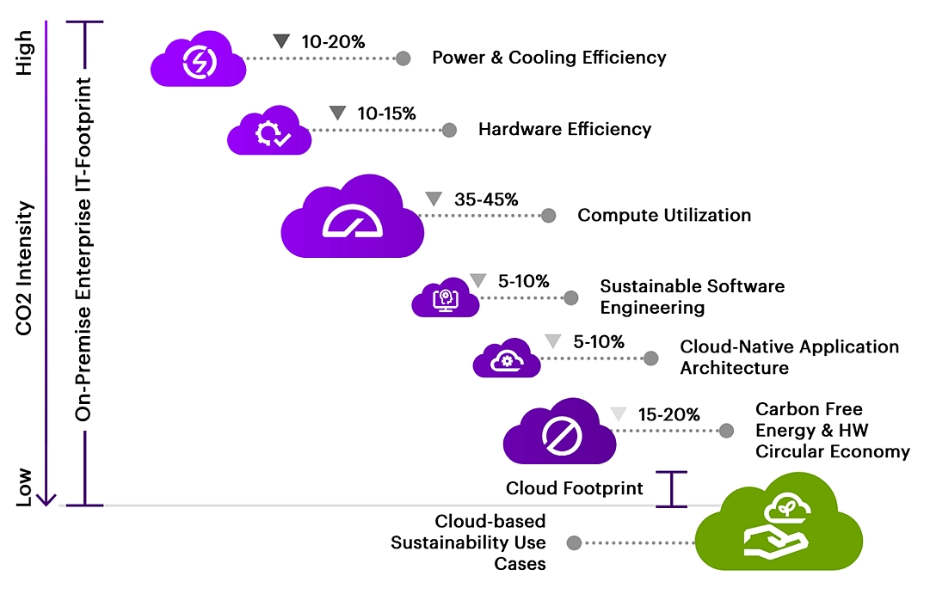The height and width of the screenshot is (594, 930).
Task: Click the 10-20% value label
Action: [333, 42]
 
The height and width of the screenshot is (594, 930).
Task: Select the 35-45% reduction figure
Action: [486, 199]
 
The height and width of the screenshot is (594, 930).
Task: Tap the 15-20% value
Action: [669, 414]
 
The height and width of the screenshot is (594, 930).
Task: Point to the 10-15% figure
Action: [386, 113]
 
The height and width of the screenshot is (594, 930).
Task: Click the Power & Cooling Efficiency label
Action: [549, 58]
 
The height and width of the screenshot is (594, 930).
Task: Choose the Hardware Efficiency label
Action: [564, 129]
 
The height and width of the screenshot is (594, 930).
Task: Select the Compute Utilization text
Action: [664, 215]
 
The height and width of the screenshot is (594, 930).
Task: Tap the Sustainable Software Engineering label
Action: [693, 297]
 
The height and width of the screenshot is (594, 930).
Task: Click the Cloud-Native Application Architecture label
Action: [790, 358]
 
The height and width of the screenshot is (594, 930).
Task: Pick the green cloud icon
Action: [779, 522]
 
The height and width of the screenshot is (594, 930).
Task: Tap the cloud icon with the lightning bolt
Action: [198, 59]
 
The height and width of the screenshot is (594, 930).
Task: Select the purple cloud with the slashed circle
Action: [559, 432]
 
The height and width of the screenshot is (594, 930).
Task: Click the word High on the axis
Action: [24, 52]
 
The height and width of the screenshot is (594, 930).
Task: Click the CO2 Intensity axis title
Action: [24, 268]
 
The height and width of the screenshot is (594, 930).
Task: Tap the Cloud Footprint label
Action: [574, 488]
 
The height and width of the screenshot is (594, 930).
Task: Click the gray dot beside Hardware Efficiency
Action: [450, 130]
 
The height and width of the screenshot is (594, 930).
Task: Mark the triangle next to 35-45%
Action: [434, 199]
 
